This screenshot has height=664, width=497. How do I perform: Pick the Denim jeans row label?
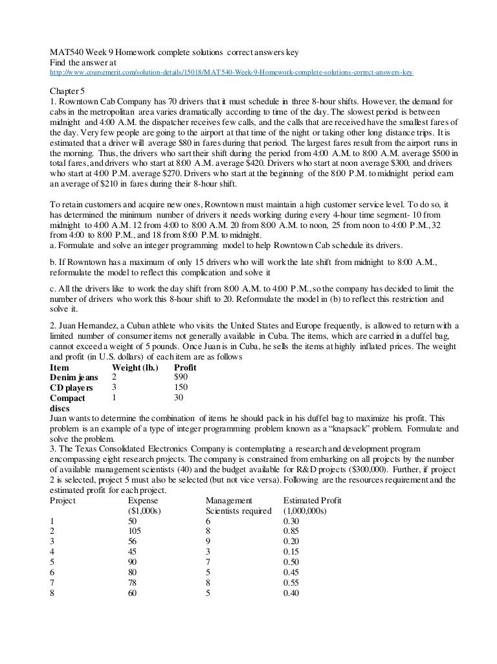[x=74, y=378]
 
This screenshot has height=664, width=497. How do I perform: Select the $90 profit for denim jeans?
[x=181, y=378]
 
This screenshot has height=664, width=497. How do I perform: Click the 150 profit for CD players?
[x=182, y=388]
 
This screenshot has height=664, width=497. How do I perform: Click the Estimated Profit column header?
[x=313, y=501]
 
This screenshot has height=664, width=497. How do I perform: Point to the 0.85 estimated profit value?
[x=292, y=532]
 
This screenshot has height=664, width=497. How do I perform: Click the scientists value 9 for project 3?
[x=208, y=542]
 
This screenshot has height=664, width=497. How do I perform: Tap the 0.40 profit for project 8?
[x=292, y=594]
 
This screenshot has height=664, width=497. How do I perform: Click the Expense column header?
[x=143, y=501]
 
